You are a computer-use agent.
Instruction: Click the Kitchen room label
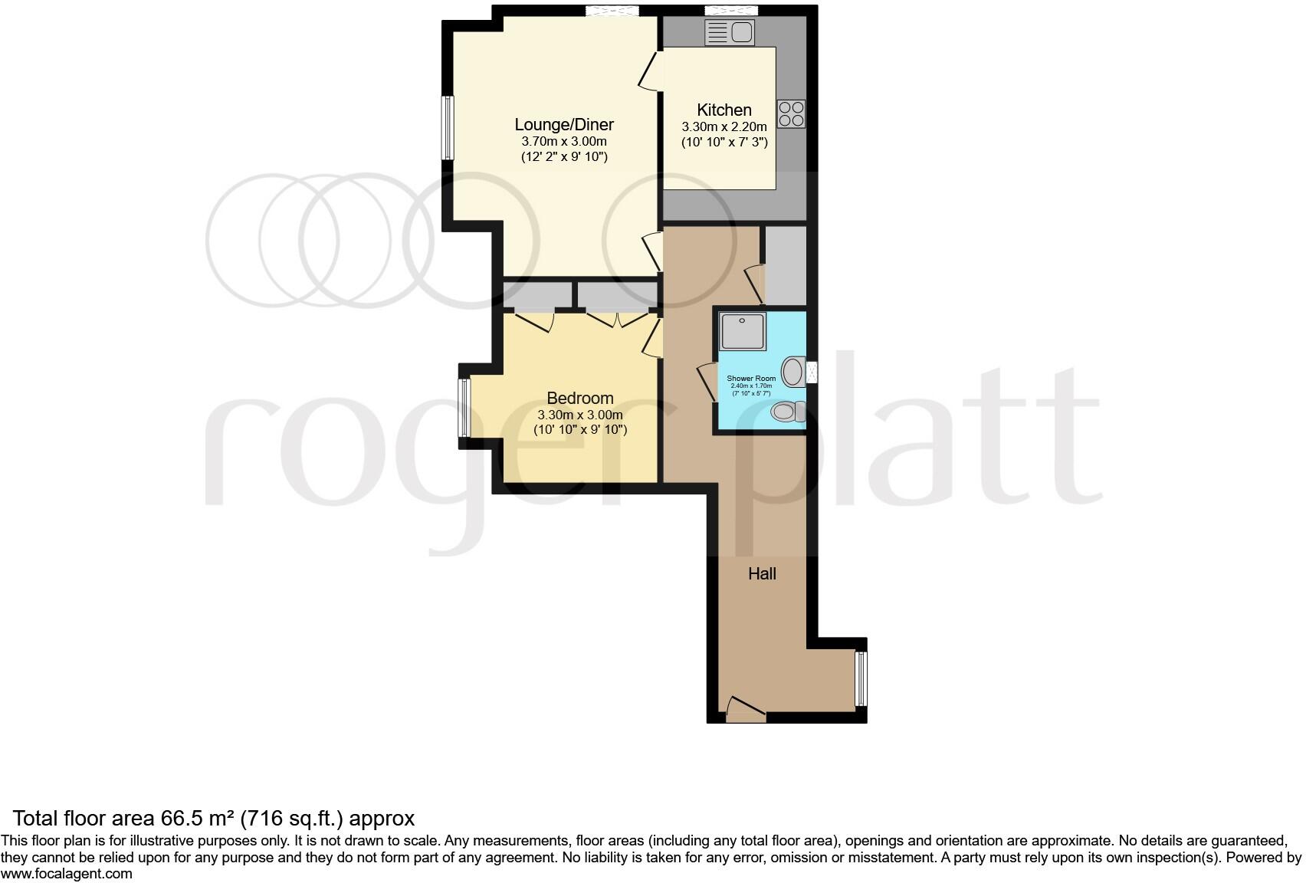(724, 110)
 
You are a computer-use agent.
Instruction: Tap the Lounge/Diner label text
(564, 124)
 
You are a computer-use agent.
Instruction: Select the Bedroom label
(580, 398)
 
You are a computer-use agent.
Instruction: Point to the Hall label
(763, 573)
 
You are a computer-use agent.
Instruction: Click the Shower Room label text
(751, 379)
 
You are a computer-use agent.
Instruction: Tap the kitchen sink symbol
(730, 33)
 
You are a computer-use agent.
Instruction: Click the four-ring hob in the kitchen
(791, 114)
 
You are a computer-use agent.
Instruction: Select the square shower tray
(743, 331)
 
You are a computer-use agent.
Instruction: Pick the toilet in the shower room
(788, 412)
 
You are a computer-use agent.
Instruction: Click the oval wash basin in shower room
(793, 373)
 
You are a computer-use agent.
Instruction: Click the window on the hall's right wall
(861, 678)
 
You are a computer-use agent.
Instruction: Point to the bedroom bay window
(464, 408)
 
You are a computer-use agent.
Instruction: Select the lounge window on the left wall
(447, 128)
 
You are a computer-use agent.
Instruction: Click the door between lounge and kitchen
(651, 71)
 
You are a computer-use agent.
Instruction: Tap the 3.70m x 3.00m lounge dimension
(564, 141)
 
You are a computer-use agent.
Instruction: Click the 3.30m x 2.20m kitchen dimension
(724, 126)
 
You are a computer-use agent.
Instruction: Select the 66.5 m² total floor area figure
(198, 819)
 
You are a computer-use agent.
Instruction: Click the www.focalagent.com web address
(67, 874)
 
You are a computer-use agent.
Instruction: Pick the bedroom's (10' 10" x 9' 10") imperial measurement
(580, 430)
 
